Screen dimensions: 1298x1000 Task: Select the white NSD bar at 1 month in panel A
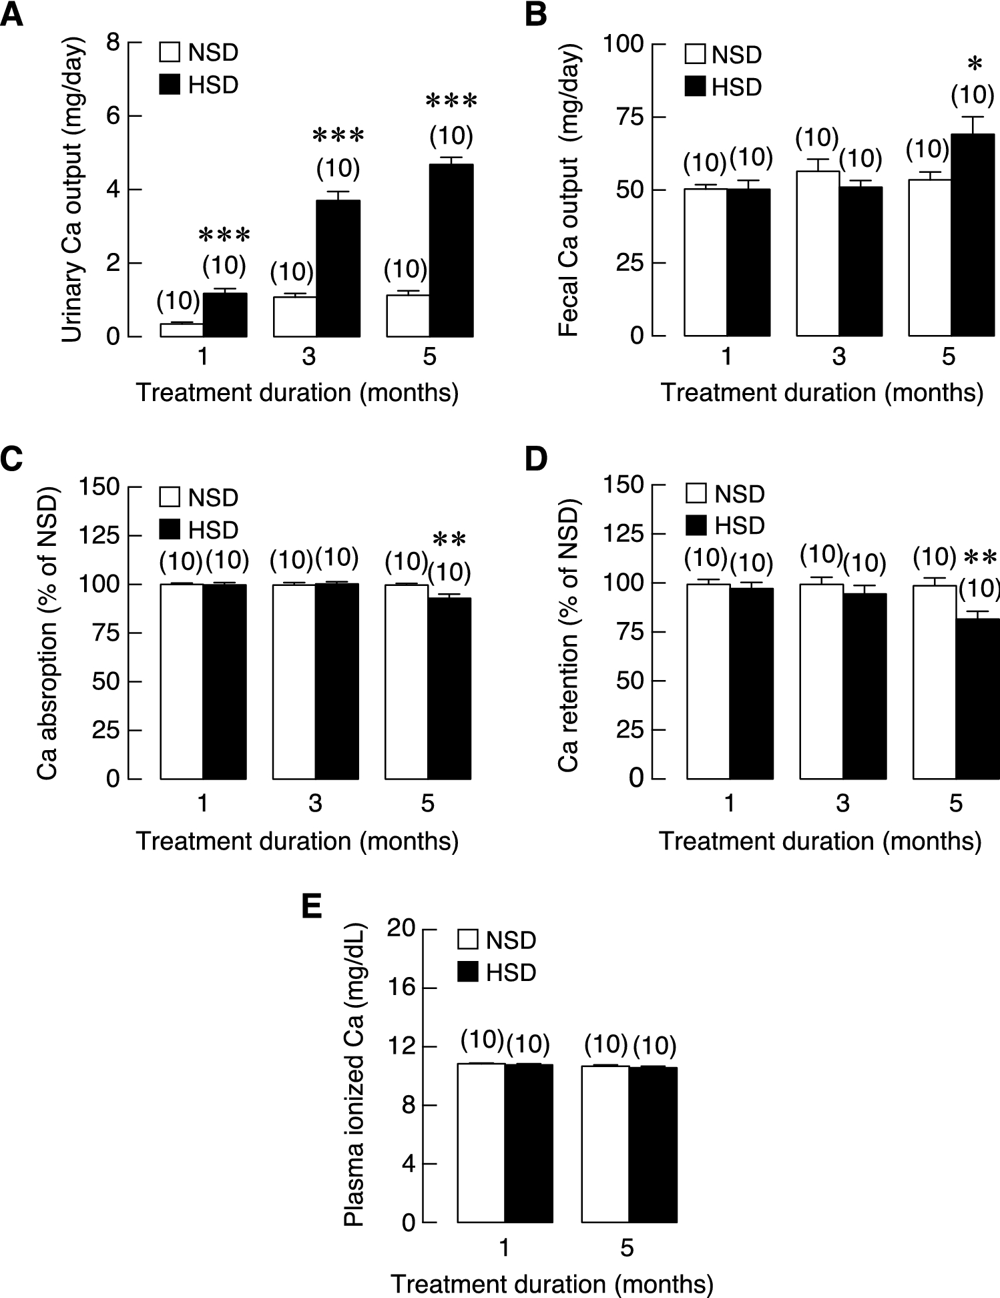[x=182, y=330]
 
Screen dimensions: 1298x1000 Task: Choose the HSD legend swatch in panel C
[x=170, y=529]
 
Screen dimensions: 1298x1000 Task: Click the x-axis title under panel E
[x=551, y=1283]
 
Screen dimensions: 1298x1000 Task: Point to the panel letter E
[x=312, y=907]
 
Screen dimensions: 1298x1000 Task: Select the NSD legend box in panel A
[x=170, y=52]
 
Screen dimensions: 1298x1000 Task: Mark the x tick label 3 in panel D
[x=842, y=803]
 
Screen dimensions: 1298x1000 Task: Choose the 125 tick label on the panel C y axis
[x=99, y=535]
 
